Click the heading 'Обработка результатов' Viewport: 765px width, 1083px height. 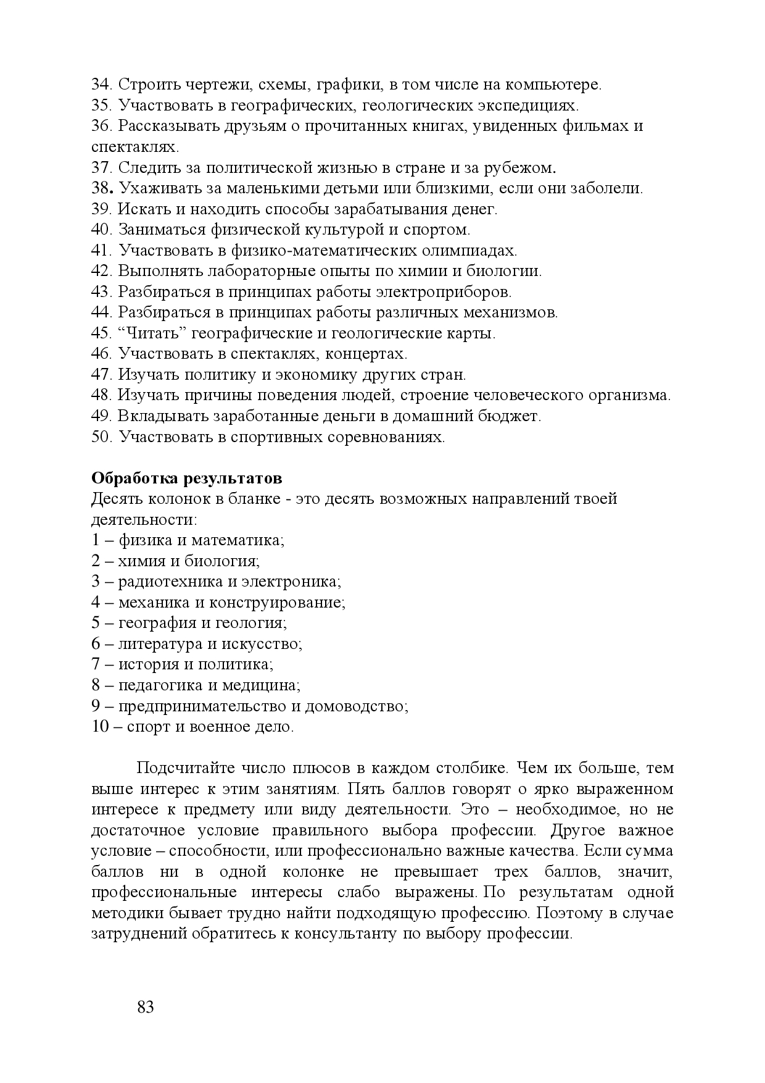coord(187,479)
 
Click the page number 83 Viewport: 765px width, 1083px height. coord(146,1008)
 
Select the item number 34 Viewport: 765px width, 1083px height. coord(101,85)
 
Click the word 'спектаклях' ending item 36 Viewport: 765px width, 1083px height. coord(134,147)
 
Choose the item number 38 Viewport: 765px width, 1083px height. coord(101,188)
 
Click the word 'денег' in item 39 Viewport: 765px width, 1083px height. coord(477,209)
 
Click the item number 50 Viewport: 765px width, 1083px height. coord(101,437)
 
